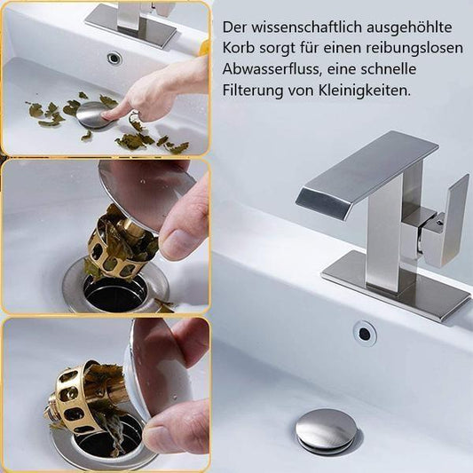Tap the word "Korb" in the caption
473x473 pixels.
pos(238,49)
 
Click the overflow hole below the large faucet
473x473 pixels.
pos(364,333)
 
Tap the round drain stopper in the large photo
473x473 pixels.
pos(326,430)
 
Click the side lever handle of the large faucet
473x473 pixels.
pos(445,221)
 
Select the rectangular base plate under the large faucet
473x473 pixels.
pos(394,293)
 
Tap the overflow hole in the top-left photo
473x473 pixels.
pos(114,59)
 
